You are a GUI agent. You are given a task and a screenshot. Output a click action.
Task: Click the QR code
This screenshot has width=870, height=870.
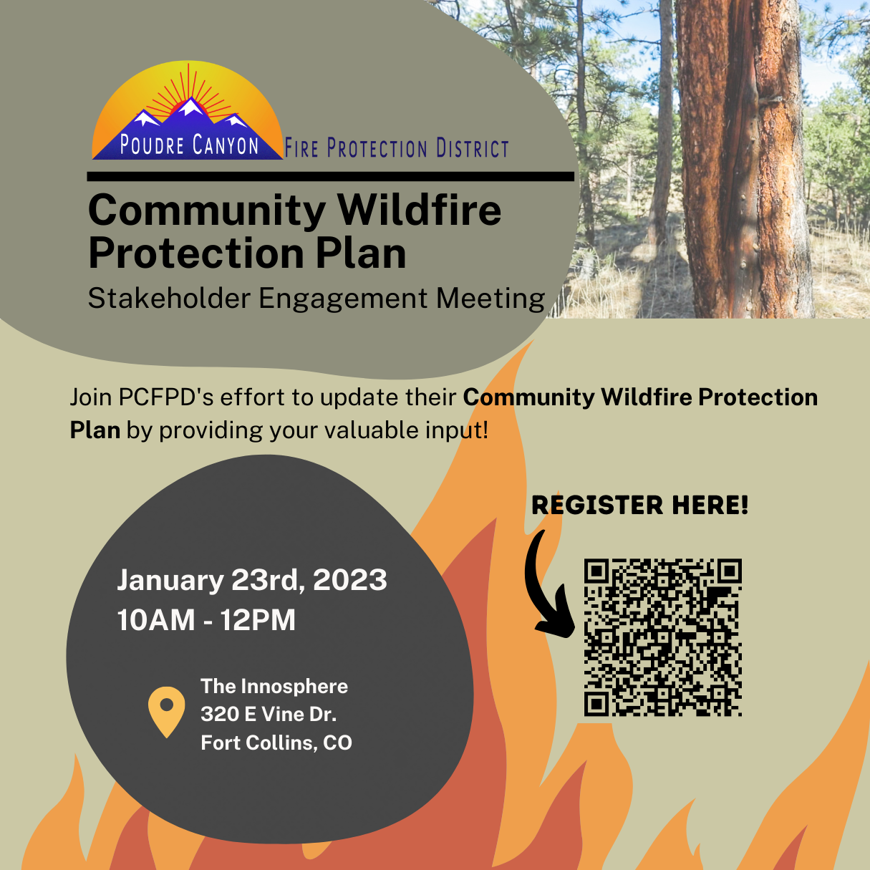pyautogui.click(x=662, y=637)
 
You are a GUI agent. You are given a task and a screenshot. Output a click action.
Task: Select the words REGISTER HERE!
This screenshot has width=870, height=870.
pyautogui.click(x=639, y=505)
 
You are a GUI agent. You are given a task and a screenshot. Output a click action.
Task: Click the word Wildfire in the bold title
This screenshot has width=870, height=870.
pyautogui.click(x=420, y=210)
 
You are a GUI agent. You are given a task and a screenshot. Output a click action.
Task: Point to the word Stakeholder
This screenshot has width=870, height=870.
pyautogui.click(x=169, y=298)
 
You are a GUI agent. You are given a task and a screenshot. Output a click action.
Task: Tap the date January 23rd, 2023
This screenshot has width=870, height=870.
pyautogui.click(x=252, y=580)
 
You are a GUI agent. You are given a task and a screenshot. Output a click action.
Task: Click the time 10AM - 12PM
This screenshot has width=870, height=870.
pyautogui.click(x=206, y=619)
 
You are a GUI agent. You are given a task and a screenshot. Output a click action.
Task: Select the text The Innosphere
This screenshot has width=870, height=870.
pyautogui.click(x=274, y=686)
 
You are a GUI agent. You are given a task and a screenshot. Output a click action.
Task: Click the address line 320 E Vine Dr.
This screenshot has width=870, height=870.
pyautogui.click(x=269, y=714)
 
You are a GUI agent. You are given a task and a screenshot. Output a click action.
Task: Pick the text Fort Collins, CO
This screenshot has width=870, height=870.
pyautogui.click(x=276, y=743)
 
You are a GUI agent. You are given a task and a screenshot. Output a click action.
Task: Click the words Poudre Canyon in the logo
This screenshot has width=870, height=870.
pyautogui.click(x=189, y=145)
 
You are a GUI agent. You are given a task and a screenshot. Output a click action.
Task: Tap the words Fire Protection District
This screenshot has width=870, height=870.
pyautogui.click(x=397, y=148)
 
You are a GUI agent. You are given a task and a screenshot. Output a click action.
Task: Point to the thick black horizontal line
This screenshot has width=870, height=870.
pyautogui.click(x=331, y=176)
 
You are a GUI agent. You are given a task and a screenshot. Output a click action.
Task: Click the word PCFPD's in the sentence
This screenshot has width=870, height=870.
pyautogui.click(x=165, y=397)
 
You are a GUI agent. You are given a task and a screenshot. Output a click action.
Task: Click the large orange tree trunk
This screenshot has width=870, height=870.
pyautogui.click(x=740, y=158)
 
